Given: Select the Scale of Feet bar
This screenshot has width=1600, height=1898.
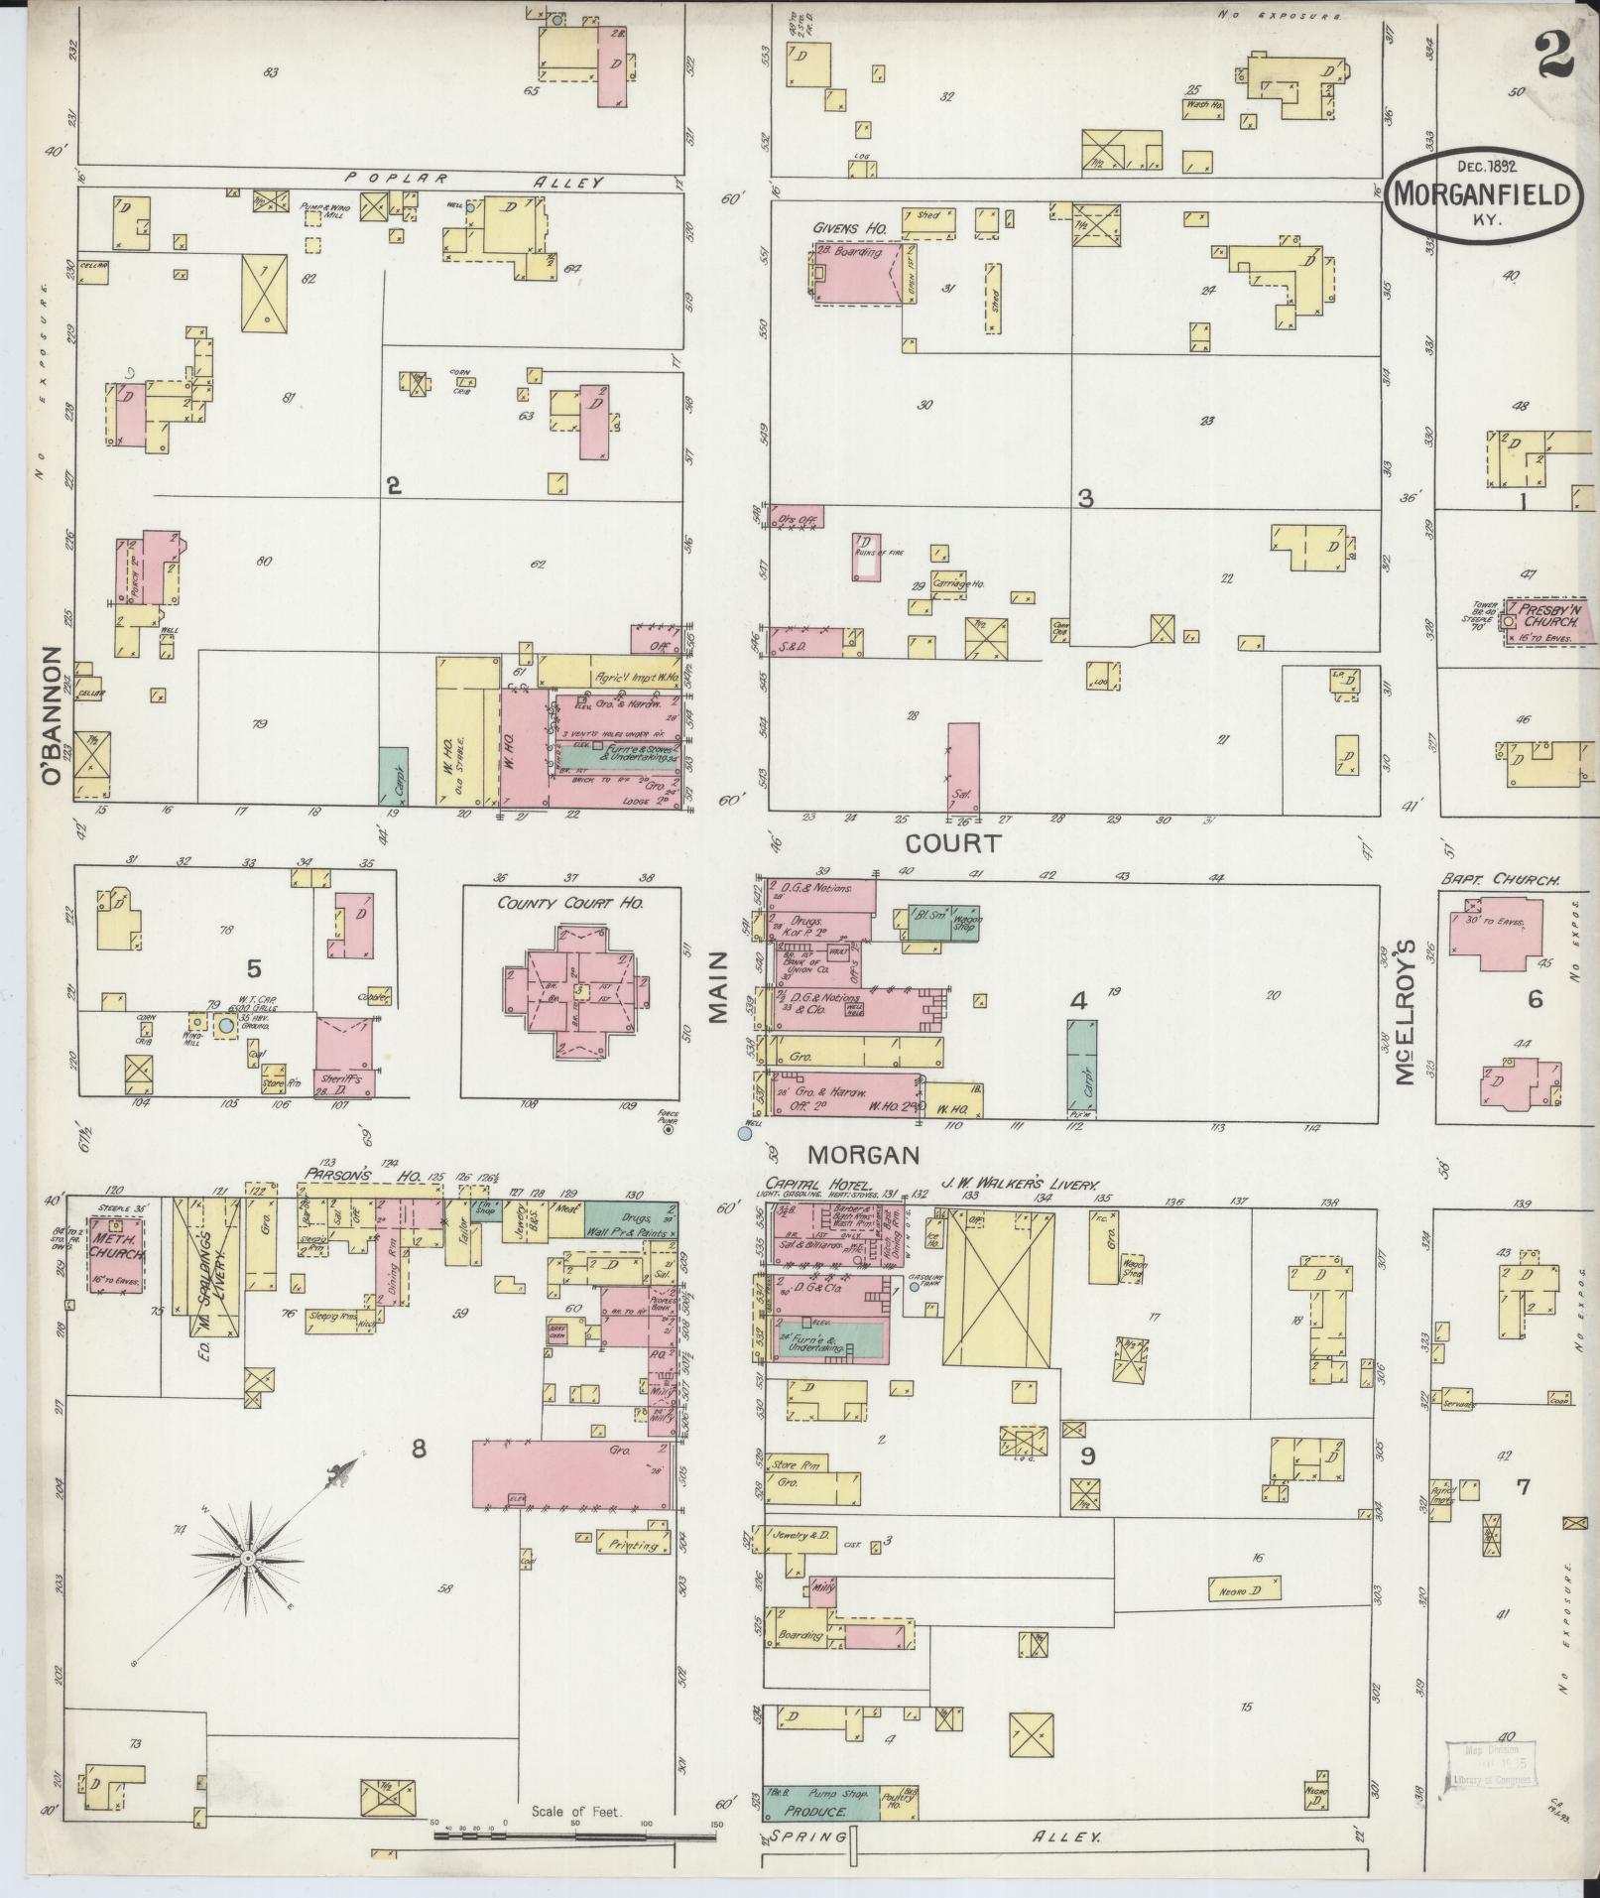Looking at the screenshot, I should [575, 1835].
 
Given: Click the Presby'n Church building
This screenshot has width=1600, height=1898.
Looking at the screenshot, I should [1547, 623].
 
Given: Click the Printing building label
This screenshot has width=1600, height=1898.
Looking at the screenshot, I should [634, 1572].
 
